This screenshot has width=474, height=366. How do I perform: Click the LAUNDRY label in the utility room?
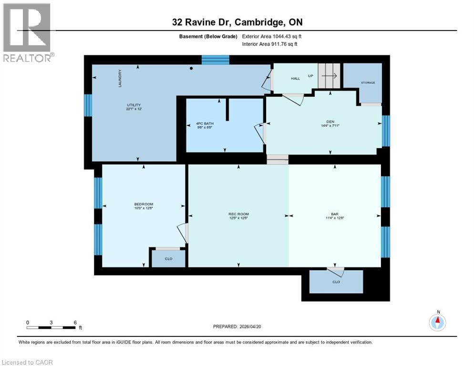pos(121,79)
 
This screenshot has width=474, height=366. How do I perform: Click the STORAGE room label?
pos(368,83)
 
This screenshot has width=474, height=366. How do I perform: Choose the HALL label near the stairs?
pos(295,78)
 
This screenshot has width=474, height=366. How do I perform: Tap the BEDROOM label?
pos(143,204)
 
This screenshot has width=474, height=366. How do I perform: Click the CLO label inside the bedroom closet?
pos(168,258)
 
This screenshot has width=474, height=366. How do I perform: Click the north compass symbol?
pos(437,322)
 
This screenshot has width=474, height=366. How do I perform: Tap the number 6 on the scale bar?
pos(75,322)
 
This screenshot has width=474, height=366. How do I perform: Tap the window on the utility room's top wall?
pos(215,60)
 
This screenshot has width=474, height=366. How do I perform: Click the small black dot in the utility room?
pos(191,68)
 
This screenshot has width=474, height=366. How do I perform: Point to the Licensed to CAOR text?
pos(28,362)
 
